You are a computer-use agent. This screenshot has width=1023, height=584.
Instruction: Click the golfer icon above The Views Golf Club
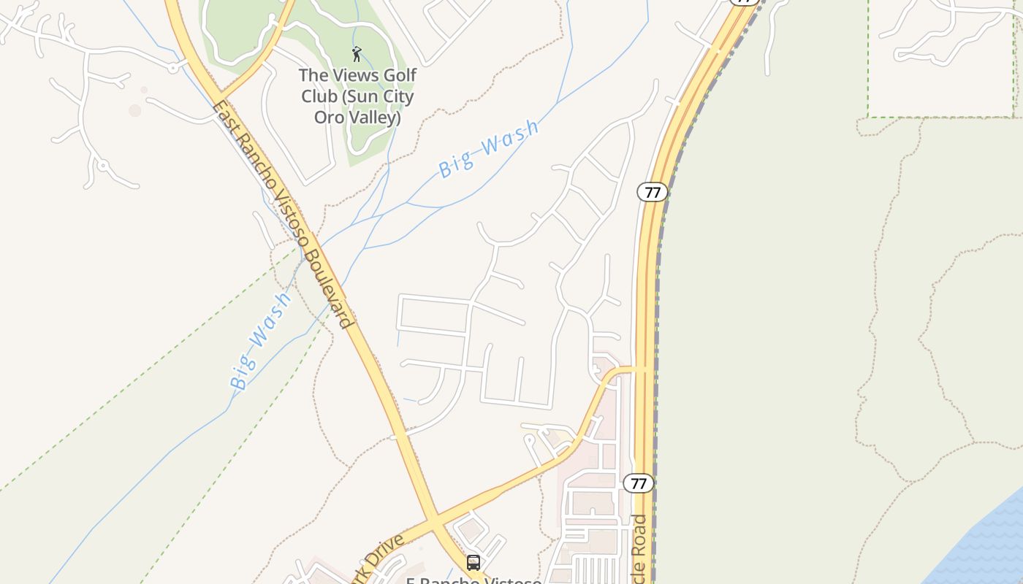click(x=357, y=54)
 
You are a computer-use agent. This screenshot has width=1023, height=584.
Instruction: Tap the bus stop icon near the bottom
click(x=474, y=563)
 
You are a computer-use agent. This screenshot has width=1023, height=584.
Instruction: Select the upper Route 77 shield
click(x=653, y=192)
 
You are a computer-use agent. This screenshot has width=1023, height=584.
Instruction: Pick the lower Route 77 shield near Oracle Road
click(x=639, y=483)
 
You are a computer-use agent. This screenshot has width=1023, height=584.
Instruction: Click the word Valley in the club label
click(x=376, y=117)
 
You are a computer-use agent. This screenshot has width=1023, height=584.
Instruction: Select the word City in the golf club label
click(x=395, y=96)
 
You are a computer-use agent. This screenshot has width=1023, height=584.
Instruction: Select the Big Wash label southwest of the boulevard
click(x=259, y=342)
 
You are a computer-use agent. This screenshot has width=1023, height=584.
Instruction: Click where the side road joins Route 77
click(x=644, y=369)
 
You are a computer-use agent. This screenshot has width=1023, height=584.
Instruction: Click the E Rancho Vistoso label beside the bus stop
click(x=474, y=580)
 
